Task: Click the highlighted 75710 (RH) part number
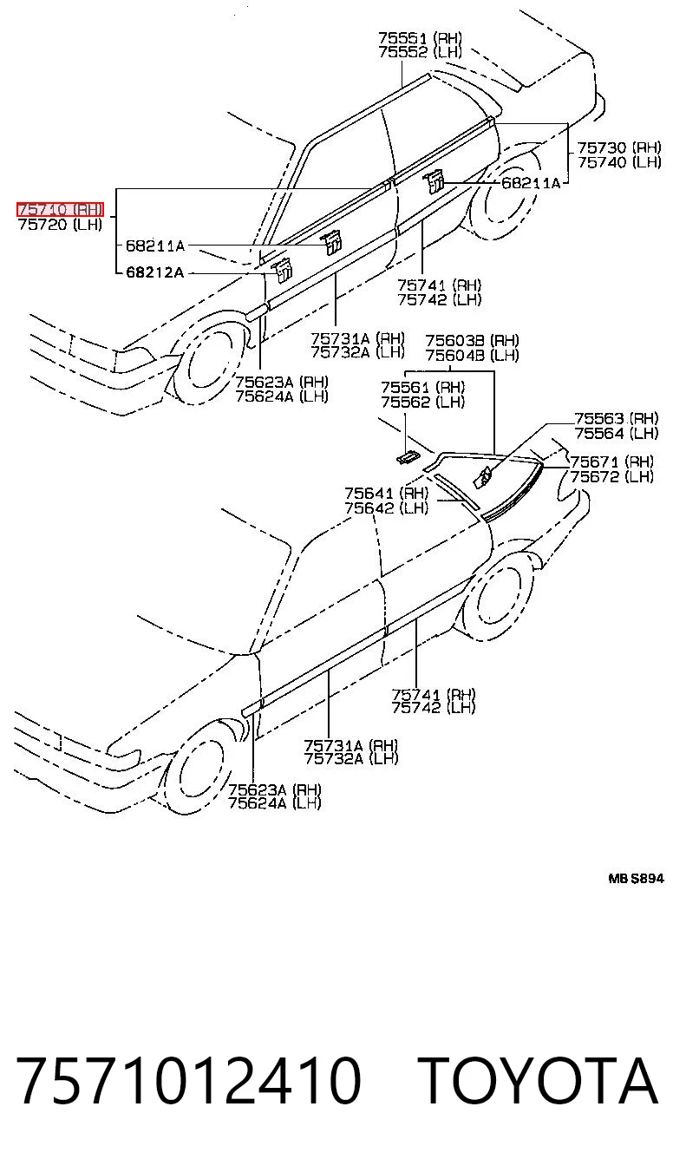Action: pyautogui.click(x=60, y=210)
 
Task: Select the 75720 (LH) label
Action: pyautogui.click(x=60, y=225)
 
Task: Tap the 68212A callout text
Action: pyautogui.click(x=154, y=272)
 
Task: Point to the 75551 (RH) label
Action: pyautogui.click(x=421, y=37)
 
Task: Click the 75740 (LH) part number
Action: pyautogui.click(x=619, y=162)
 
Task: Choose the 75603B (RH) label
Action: pyautogui.click(x=472, y=341)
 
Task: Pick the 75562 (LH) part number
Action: pyautogui.click(x=422, y=402)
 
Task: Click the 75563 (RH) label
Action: pyautogui.click(x=617, y=418)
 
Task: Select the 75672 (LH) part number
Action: pyautogui.click(x=611, y=476)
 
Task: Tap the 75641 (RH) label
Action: pyautogui.click(x=387, y=494)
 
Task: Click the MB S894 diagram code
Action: pyautogui.click(x=636, y=878)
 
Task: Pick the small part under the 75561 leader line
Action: pyautogui.click(x=407, y=456)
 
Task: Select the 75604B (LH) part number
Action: pyautogui.click(x=472, y=356)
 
